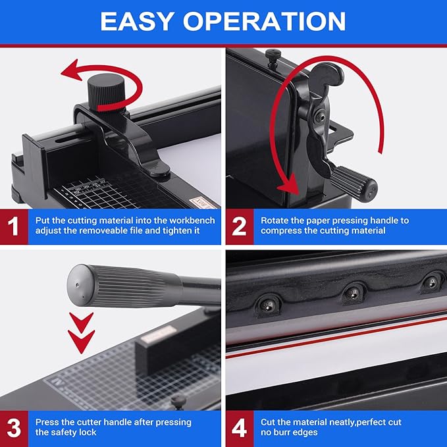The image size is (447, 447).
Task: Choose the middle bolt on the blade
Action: [354, 290]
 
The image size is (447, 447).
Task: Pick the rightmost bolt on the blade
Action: [431, 282]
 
